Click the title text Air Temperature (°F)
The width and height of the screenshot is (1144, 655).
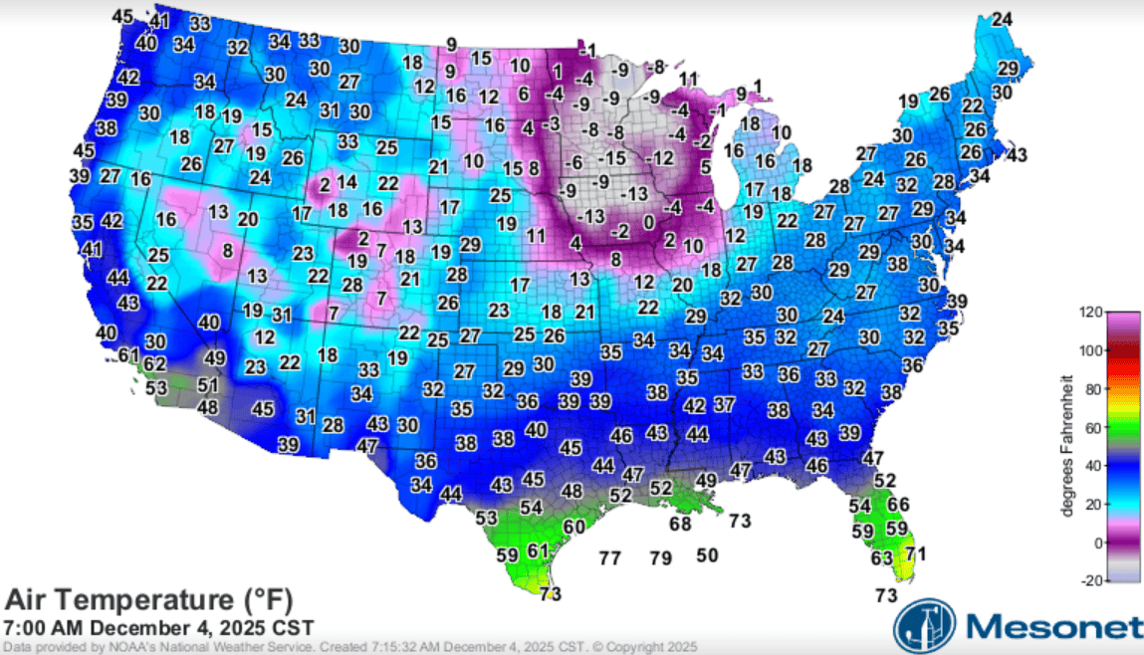click(x=149, y=600)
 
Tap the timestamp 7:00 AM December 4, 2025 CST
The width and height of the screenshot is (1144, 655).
click(x=159, y=628)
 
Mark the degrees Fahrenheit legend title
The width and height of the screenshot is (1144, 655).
click(x=1066, y=446)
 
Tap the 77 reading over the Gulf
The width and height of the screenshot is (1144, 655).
click(x=610, y=558)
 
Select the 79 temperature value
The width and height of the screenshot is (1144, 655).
click(x=660, y=558)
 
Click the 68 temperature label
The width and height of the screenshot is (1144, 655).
click(x=680, y=524)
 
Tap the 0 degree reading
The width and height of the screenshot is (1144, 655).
click(x=648, y=221)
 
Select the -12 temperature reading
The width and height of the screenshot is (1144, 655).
click(x=659, y=158)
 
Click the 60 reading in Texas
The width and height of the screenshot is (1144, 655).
click(x=574, y=527)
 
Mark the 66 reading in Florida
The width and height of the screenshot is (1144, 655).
click(x=898, y=505)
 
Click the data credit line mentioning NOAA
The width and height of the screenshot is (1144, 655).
click(x=348, y=647)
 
